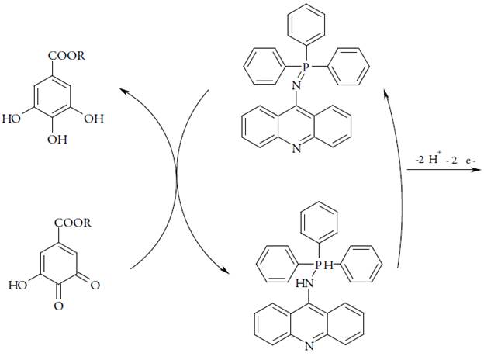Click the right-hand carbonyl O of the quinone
click(95, 286)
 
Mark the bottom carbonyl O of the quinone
click(57, 307)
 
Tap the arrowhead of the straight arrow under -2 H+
click(475, 175)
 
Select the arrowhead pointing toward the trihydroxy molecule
click(123, 92)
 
